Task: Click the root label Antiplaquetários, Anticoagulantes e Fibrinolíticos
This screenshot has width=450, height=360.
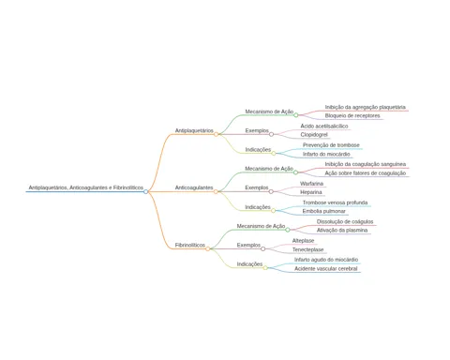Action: [86, 187]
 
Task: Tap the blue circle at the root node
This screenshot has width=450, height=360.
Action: [145, 191]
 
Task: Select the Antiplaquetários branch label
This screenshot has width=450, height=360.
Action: [194, 130]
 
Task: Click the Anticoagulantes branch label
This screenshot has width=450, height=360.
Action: [194, 187]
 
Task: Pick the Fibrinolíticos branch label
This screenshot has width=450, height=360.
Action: [190, 245]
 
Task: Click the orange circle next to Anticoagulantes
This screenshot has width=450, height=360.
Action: [216, 191]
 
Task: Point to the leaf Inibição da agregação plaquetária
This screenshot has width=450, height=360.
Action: [365, 107]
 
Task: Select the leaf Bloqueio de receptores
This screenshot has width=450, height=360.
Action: [352, 115]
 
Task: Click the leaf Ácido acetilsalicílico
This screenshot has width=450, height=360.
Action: [324, 126]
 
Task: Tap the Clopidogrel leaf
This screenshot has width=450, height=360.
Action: [314, 135]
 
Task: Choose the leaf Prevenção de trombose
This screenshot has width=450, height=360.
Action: [331, 145]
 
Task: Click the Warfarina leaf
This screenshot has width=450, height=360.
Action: [311, 184]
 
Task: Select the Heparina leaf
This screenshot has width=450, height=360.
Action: [311, 192]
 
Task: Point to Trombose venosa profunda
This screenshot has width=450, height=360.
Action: [335, 202]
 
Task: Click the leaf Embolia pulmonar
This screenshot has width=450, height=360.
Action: [323, 211]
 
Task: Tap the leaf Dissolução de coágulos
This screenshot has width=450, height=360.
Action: [345, 221]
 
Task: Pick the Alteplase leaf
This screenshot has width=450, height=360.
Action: [303, 241]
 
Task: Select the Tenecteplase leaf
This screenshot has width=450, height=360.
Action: [307, 249]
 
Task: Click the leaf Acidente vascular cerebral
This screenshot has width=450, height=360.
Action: [325, 269]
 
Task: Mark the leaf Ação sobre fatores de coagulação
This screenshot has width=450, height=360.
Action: [365, 173]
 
